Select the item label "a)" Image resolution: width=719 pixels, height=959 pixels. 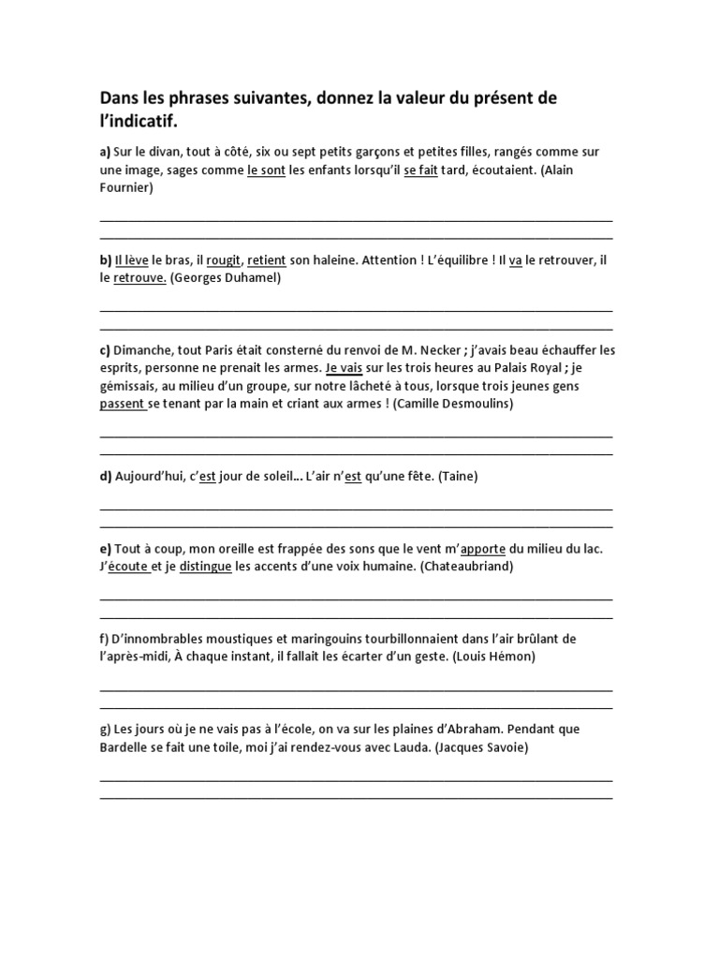click(105, 152)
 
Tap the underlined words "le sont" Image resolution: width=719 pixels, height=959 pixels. click(266, 170)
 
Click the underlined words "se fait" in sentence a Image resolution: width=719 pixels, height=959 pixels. click(420, 170)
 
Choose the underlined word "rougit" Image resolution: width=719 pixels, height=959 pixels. click(223, 260)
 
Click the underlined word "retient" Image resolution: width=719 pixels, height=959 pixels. click(266, 260)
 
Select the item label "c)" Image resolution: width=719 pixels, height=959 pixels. click(105, 350)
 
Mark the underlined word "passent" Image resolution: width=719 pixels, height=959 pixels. click(122, 404)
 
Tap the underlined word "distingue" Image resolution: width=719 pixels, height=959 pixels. click(205, 567)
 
